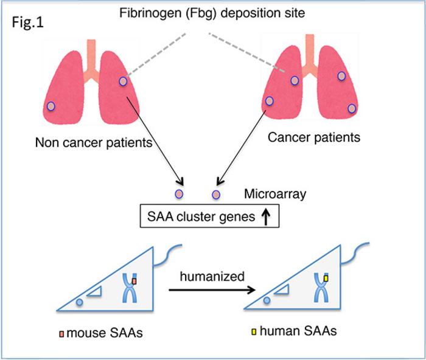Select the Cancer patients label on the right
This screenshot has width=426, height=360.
coord(314,137)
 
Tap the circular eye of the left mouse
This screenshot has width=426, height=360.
coord(80,302)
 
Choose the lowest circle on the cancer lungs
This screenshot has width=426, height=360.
coord(351,108)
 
